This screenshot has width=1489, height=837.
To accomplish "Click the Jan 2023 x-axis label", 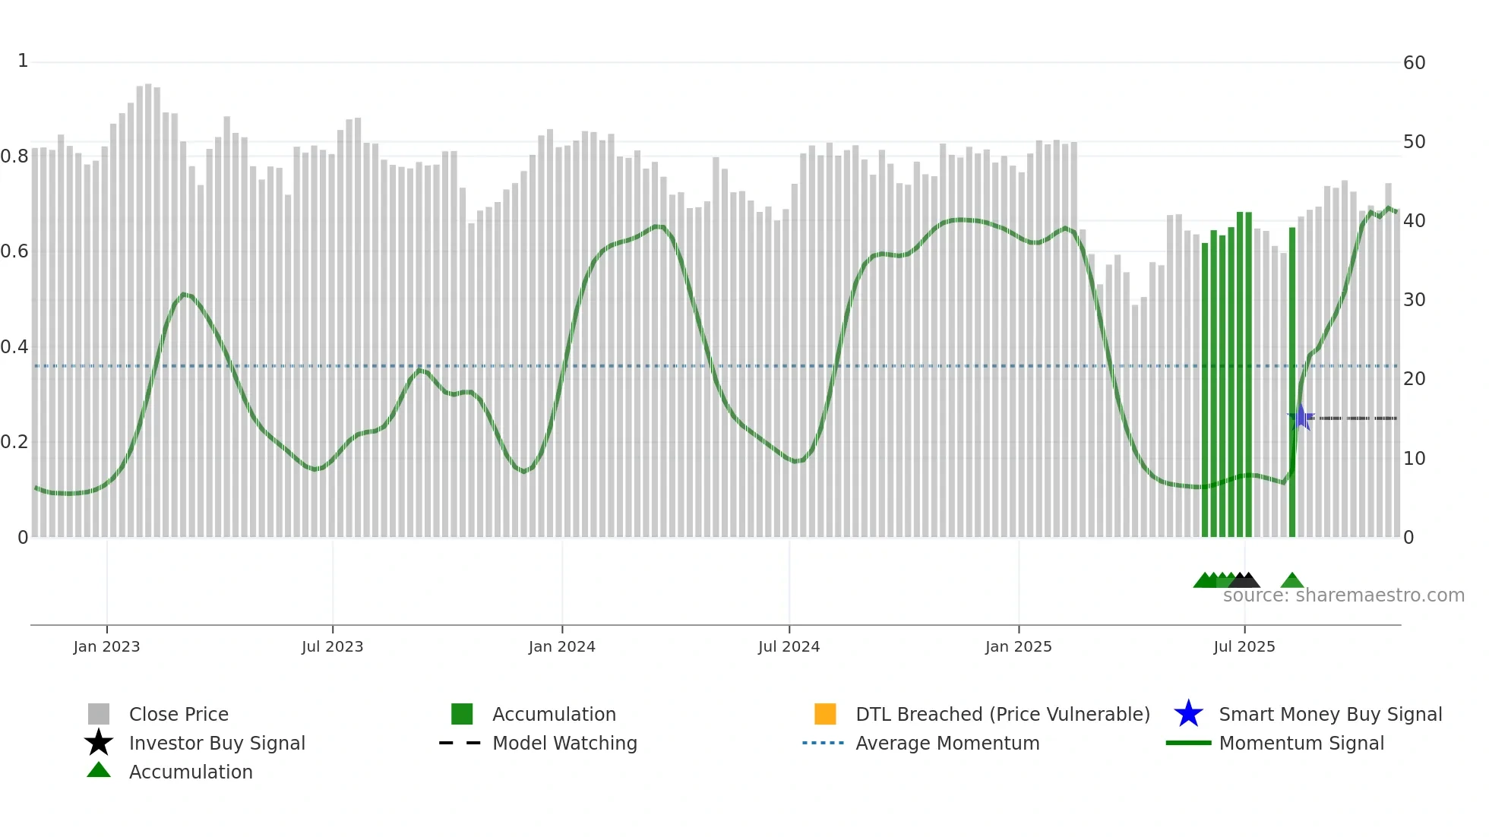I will click(106, 646).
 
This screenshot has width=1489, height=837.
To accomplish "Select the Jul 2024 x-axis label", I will click(789, 646).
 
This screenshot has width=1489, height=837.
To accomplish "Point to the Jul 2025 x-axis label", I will click(1244, 646).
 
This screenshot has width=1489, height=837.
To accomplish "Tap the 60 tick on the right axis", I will click(1414, 63).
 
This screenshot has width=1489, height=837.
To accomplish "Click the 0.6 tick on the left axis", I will click(14, 251).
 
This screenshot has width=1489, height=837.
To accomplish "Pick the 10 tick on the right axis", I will click(1414, 458).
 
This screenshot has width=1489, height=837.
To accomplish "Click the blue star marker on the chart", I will click(1300, 417).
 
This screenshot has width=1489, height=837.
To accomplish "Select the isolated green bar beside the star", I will click(1291, 380).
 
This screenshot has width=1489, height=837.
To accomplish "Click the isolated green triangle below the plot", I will click(1291, 582).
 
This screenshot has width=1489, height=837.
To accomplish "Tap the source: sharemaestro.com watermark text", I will click(1343, 595).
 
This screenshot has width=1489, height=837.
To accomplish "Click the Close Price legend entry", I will click(179, 714).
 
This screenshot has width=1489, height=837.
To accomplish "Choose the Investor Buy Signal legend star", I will click(99, 743).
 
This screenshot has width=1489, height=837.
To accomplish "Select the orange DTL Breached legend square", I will click(824, 714).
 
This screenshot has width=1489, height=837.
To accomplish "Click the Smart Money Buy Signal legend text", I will click(1329, 714).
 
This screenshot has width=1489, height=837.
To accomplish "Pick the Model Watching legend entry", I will click(564, 743).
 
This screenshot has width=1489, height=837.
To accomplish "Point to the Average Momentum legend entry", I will click(947, 743).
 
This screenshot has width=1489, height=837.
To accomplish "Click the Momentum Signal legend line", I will click(1188, 743).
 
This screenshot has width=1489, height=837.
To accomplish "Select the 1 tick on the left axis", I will click(23, 61).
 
